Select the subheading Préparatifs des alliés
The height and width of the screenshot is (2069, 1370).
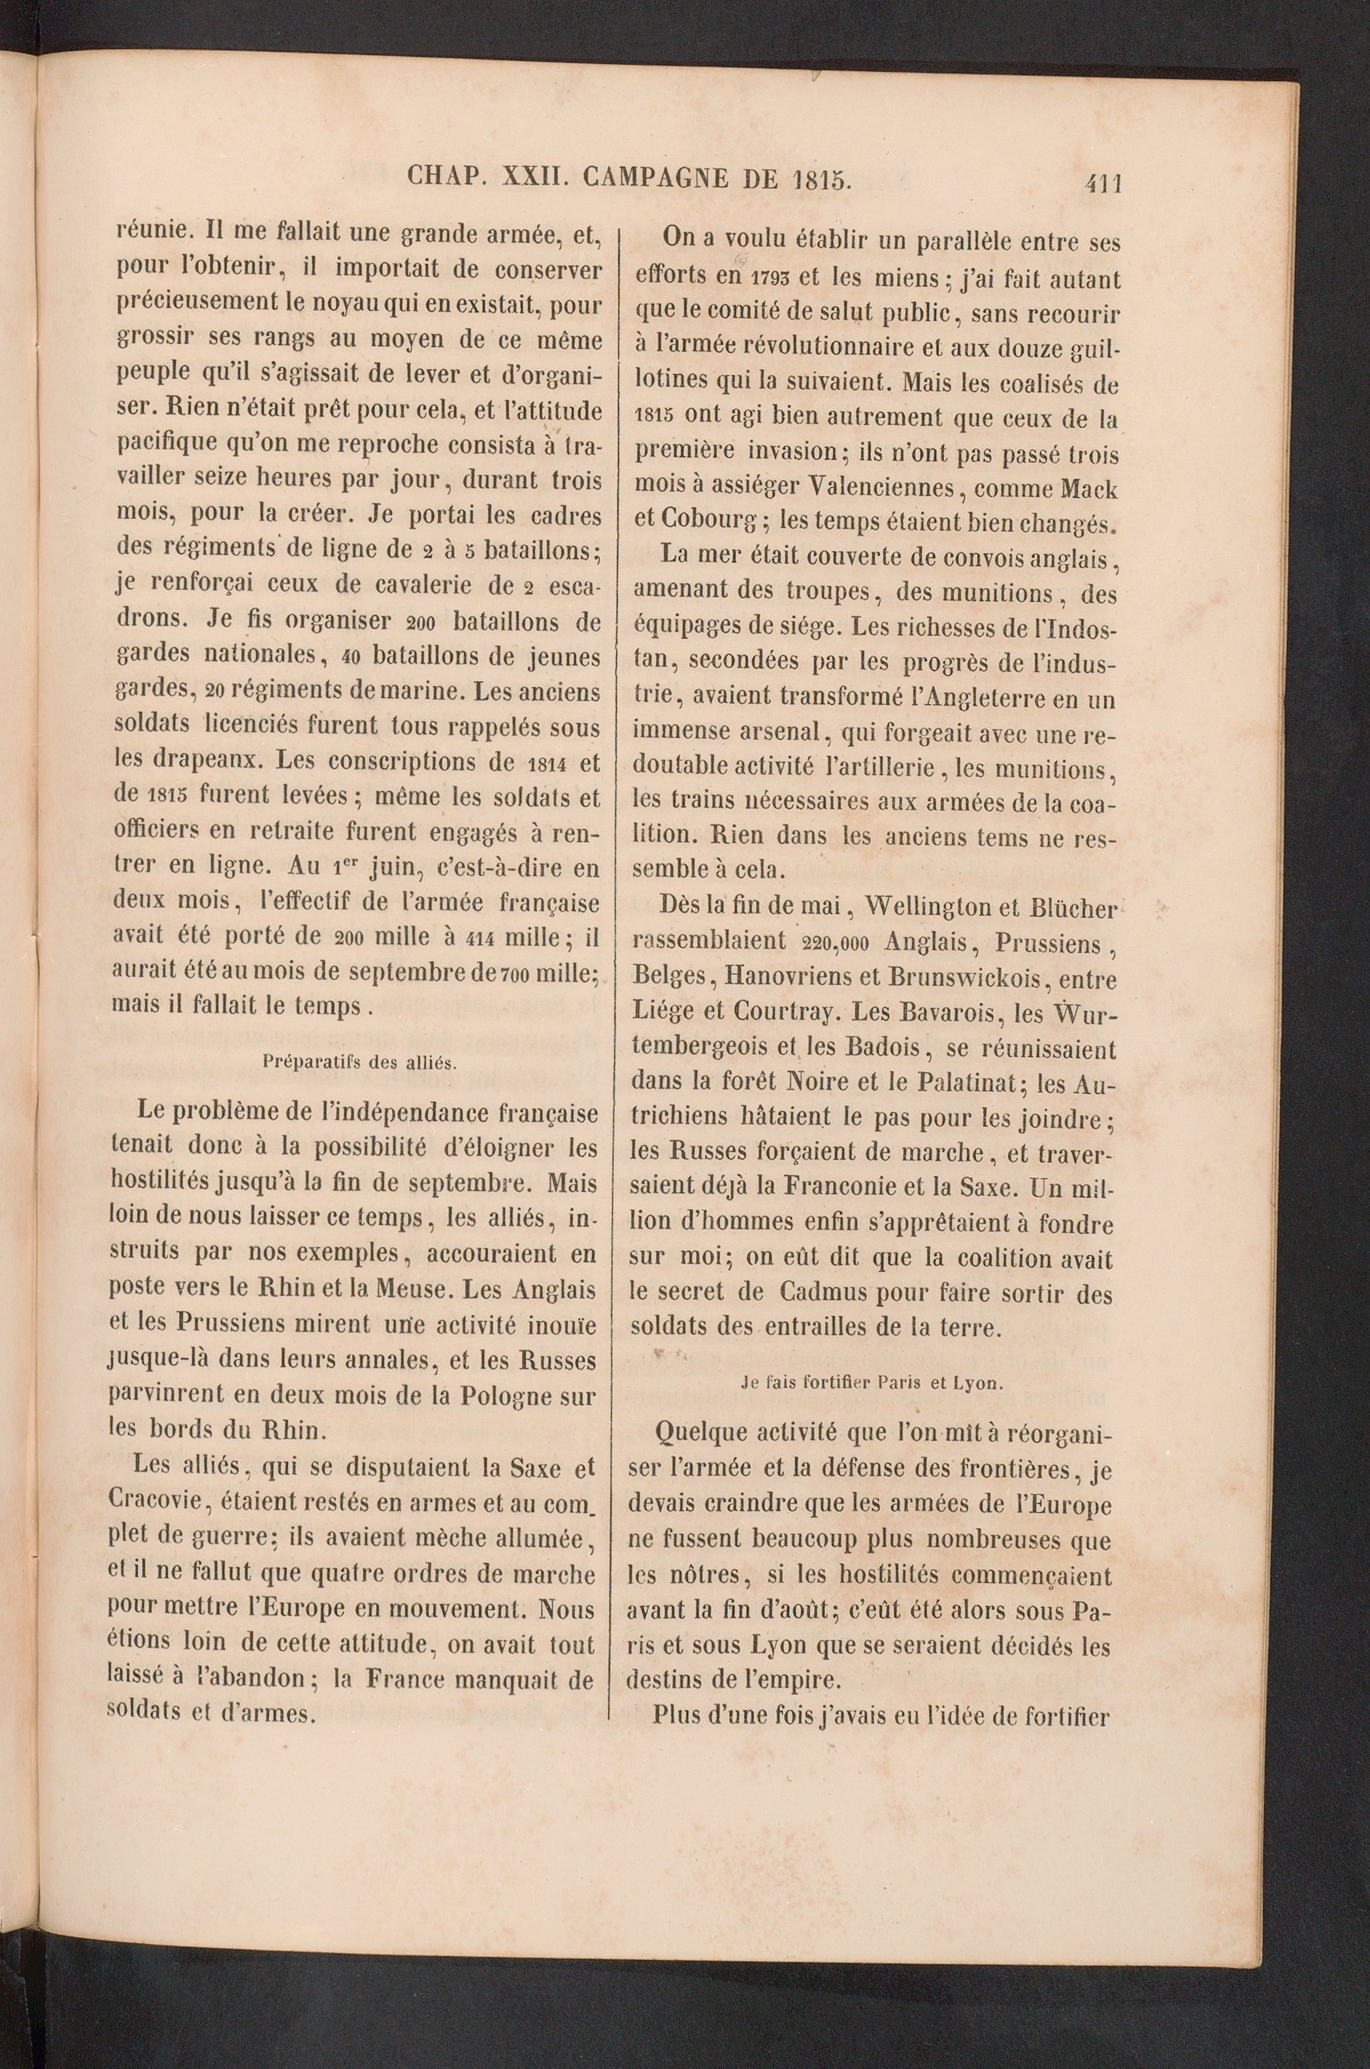click(360, 1063)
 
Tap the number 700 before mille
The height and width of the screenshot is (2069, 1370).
click(514, 972)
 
